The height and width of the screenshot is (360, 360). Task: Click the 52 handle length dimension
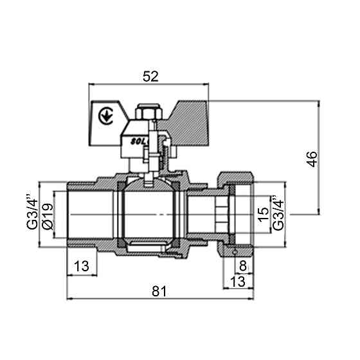(x=150, y=76)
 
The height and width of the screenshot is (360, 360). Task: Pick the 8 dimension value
(x=242, y=265)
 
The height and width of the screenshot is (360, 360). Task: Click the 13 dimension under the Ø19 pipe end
(x=82, y=265)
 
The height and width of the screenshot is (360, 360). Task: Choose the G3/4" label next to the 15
(x=277, y=213)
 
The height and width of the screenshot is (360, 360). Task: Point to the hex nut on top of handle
(x=147, y=110)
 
